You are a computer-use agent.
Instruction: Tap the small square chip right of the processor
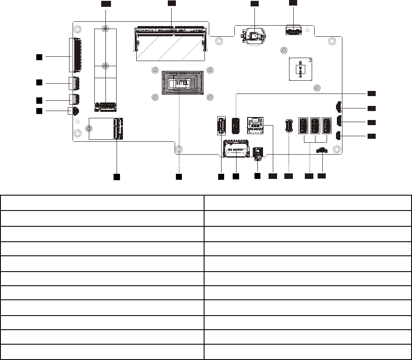point(302,68)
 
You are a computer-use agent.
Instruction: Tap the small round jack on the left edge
point(75,111)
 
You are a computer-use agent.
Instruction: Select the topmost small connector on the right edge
point(339,107)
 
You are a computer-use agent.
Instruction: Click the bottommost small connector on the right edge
point(338,136)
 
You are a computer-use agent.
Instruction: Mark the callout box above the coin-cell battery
point(254,3)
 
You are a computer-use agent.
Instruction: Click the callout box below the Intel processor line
point(179,176)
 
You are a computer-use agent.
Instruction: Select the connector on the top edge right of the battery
point(293,31)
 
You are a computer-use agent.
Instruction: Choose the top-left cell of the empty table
point(102,203)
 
